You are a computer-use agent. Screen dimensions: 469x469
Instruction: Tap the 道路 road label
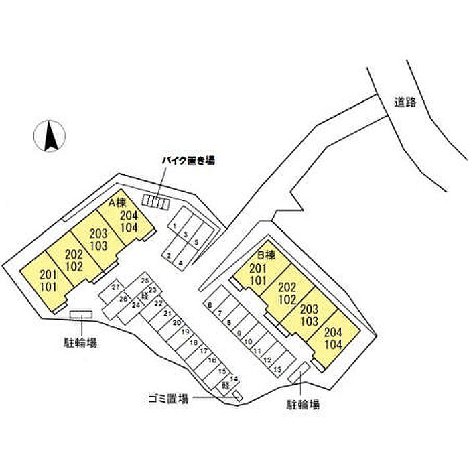(x=405, y=103)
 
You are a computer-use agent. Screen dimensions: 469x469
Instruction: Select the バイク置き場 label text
(x=190, y=161)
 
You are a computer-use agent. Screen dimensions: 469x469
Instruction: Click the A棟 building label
(x=118, y=202)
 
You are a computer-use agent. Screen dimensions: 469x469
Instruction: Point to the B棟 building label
(x=267, y=255)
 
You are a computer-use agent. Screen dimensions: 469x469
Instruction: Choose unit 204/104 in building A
(x=129, y=221)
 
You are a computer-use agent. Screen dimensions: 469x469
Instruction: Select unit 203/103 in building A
(x=98, y=240)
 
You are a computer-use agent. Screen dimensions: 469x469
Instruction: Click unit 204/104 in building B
(x=332, y=339)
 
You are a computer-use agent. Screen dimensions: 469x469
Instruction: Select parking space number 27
(x=115, y=287)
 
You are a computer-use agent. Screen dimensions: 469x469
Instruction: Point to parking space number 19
(x=185, y=332)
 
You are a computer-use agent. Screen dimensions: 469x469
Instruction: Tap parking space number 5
(x=196, y=242)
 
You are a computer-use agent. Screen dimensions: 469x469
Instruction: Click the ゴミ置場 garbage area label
(x=168, y=398)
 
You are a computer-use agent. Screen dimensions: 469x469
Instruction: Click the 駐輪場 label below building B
(x=303, y=405)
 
